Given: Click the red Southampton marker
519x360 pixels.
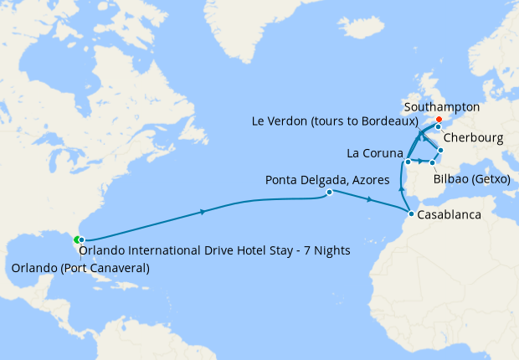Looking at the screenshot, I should [439, 119].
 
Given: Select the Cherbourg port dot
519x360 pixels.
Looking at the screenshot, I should [438, 127].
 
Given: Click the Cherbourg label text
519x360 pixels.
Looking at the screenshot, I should [473, 137].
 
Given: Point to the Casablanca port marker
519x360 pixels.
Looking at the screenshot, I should [410, 214].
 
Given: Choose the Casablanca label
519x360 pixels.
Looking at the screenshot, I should [450, 215].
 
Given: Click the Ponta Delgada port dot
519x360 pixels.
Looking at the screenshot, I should [329, 193].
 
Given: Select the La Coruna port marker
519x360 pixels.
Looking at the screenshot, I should [408, 161].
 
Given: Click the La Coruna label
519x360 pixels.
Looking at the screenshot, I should [373, 153].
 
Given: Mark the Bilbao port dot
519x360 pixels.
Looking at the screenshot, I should [432, 162].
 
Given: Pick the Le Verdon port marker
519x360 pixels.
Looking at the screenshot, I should [440, 150].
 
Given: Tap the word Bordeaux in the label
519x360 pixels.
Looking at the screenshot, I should [385, 121].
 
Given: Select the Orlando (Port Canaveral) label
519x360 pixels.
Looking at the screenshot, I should [80, 268].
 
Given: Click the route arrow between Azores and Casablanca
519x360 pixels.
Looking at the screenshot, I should [369, 200].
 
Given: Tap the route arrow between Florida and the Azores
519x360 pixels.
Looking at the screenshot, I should [204, 213].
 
